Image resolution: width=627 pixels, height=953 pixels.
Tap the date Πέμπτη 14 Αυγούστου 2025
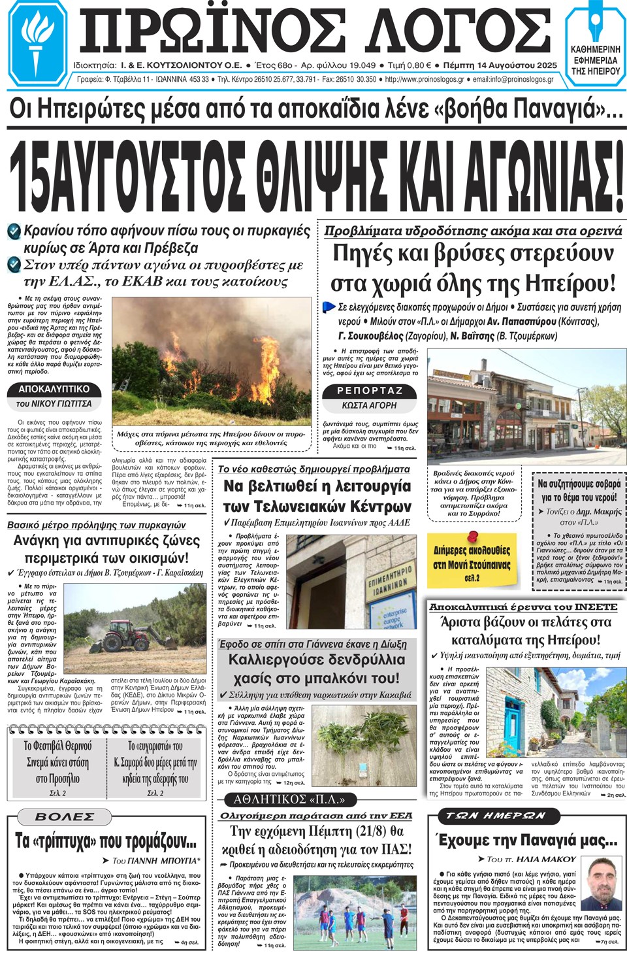point(500,65)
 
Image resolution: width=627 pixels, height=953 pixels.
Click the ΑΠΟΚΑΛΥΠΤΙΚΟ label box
point(54,389)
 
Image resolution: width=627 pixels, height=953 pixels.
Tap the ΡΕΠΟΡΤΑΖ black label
point(369,391)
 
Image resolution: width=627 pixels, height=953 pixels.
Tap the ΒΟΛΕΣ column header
point(65,817)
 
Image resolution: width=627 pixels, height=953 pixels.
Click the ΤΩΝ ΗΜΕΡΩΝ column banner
point(496,816)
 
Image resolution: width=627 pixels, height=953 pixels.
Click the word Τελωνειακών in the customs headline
point(317,507)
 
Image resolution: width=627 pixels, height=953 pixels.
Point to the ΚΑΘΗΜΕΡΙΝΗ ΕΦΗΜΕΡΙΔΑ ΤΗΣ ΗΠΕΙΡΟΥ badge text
point(595,60)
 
